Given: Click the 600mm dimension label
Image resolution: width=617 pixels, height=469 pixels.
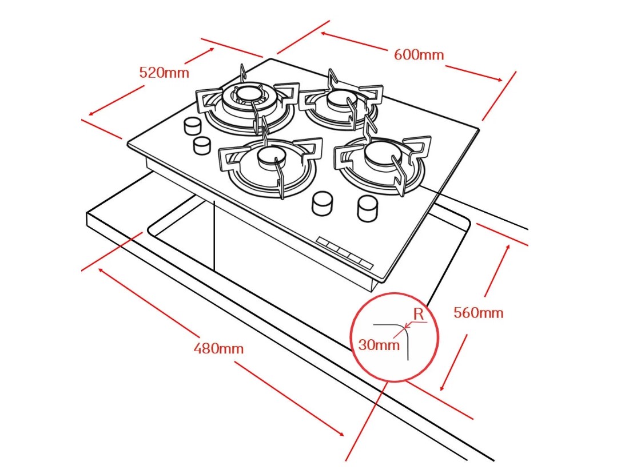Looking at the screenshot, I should coord(419,55).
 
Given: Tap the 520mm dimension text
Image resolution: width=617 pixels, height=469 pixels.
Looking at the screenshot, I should coord(164,73).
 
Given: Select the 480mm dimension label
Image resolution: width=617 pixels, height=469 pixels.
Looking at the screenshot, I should coord(218,348).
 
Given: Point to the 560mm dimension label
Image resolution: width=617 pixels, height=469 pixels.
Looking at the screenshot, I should coord(479,313).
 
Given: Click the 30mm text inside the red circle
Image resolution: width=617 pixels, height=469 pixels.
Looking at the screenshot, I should coord(379,345).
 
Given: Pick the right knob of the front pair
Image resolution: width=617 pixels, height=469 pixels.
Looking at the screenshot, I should coord(366,207).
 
